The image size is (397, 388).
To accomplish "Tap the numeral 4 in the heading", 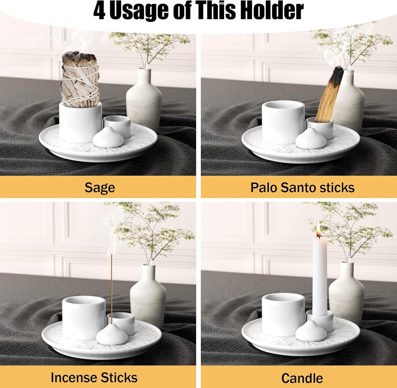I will (x=99, y=11).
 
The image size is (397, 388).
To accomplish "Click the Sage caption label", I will (x=99, y=188).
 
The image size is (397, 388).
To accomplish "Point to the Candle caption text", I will (x=302, y=378).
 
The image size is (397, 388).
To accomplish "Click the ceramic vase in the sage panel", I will (x=144, y=100).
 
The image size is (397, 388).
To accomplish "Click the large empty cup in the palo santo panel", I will (x=283, y=122).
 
